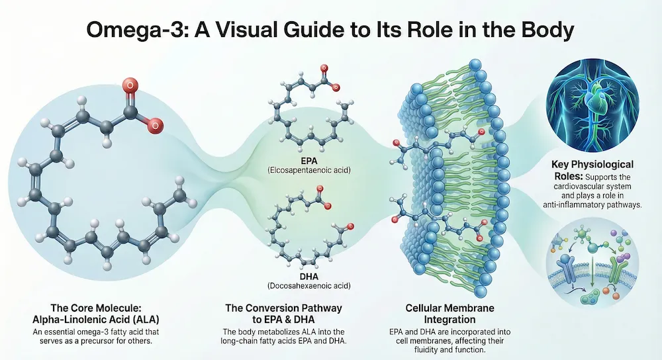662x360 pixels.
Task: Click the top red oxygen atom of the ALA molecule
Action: coord(130,84)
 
